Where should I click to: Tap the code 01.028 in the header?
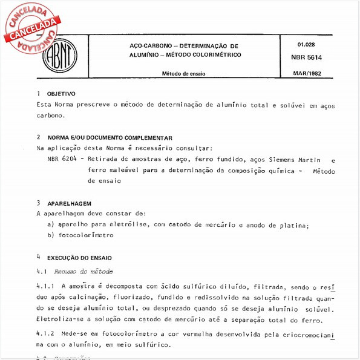click(307, 45)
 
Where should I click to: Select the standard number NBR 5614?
click(309, 58)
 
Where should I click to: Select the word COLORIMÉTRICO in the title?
click(213, 55)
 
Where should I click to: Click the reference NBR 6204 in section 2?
click(61, 160)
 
